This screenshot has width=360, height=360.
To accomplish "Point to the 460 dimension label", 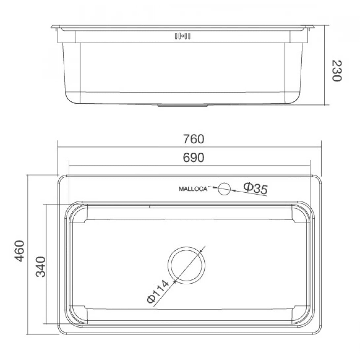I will pos(20,251).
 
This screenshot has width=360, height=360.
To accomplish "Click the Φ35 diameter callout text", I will pos(255,188).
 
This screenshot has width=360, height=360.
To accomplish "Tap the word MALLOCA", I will pos(193,189).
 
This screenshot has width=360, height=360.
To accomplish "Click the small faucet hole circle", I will pos(224,189).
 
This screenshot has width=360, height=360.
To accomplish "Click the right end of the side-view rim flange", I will pos(312,27).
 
